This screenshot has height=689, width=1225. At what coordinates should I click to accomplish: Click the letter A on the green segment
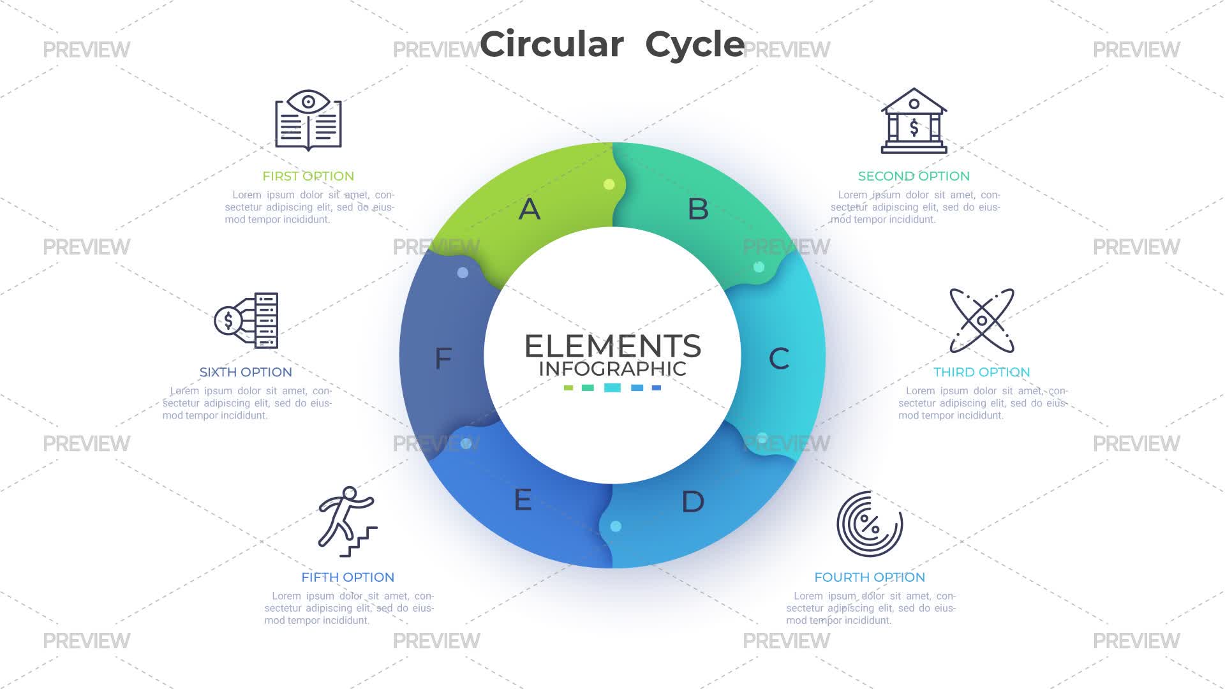(x=530, y=209)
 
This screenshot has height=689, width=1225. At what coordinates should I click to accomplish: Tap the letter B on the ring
(x=698, y=209)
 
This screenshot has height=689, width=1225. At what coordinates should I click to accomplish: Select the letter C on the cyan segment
(x=779, y=359)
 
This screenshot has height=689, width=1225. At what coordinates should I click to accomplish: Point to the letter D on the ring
(x=693, y=501)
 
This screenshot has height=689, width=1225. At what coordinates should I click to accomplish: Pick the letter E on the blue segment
(x=523, y=500)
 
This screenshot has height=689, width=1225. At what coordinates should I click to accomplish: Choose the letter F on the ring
(x=443, y=359)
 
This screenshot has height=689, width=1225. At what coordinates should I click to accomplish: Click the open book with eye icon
(x=308, y=121)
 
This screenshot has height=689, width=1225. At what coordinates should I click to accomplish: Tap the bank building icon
(x=914, y=121)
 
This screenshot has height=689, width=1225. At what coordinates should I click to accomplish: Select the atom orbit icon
(x=982, y=320)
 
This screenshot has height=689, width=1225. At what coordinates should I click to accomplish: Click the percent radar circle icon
(x=870, y=524)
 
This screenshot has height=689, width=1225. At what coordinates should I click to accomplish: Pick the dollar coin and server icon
(x=246, y=320)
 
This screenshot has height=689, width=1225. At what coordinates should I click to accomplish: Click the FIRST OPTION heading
(x=308, y=176)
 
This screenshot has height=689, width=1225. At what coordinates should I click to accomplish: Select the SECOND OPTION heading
(x=914, y=176)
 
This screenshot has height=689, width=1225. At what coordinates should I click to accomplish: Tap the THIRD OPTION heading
(x=982, y=372)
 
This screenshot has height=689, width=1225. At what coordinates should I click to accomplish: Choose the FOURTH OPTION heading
(x=870, y=577)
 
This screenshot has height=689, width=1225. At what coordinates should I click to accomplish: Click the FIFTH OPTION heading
(x=348, y=577)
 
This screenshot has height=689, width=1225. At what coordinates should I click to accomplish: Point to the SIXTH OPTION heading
(x=246, y=372)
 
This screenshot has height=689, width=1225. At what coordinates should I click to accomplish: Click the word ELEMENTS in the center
(x=612, y=346)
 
